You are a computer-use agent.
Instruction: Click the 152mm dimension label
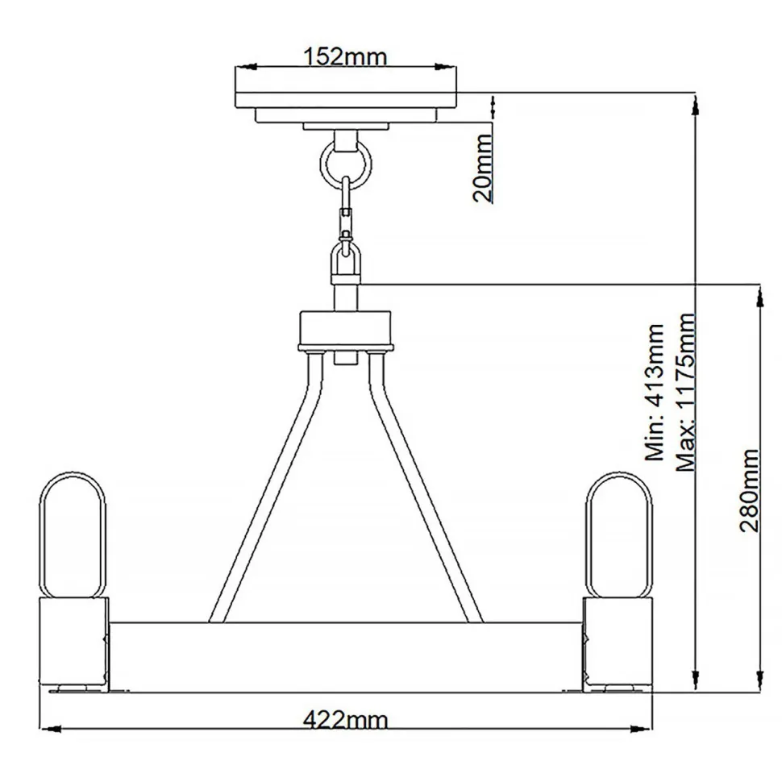tap(345, 56)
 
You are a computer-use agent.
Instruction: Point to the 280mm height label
tap(749, 490)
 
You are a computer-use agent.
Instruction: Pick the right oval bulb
tap(617, 535)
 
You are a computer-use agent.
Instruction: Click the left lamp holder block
tap(73, 642)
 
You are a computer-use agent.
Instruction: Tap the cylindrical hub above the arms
tap(345, 331)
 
